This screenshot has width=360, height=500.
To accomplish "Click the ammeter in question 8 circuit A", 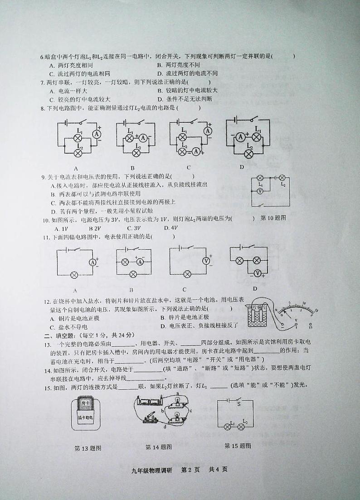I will (x=96, y=134).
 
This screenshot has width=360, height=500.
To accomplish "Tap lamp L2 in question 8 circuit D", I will (x=248, y=154).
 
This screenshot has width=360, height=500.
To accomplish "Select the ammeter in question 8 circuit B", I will (x=143, y=138).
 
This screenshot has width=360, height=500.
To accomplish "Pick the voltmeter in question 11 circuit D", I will (x=258, y=273).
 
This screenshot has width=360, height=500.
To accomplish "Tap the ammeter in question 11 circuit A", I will (x=92, y=262).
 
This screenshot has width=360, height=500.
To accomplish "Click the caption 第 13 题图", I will (x=88, y=448).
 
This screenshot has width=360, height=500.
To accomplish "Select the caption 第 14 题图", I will (x=158, y=447).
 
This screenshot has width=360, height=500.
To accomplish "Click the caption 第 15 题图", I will (x=238, y=446).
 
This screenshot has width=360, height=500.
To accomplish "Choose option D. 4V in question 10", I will (x=170, y=228).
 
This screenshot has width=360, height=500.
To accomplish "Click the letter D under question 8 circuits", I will (x=242, y=167).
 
